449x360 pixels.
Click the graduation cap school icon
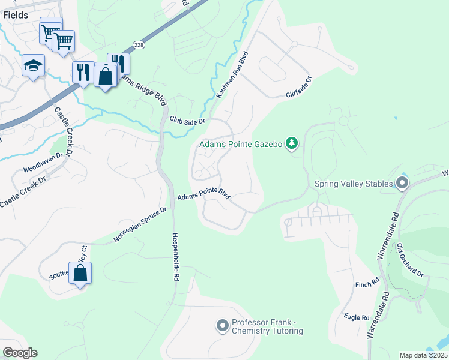tap(33, 66)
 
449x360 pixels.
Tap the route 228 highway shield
tap(139, 46)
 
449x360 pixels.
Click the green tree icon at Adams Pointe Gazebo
tap(291, 143)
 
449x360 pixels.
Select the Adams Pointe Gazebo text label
tap(241, 144)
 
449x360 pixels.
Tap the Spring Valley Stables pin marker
tap(402, 183)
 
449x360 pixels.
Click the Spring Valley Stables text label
tap(354, 184)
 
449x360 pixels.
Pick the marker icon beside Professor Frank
tap(223, 326)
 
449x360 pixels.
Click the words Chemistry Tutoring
tap(267, 331)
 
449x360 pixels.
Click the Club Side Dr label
tap(187, 120)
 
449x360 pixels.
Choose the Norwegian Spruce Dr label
tap(140, 226)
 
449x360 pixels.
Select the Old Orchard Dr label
tap(411, 260)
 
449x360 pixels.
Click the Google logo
tap(20, 353)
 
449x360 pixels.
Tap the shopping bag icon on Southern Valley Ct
tap(80, 273)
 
